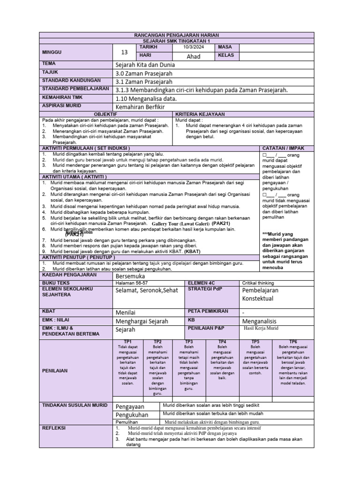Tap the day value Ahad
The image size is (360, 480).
tap(193, 56)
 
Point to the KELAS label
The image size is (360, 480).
tap(226, 56)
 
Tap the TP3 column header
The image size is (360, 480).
tap(189, 342)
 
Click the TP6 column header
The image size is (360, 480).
tap(292, 342)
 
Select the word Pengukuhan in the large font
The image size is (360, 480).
tap(132, 415)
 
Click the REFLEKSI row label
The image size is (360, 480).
tap(54, 428)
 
